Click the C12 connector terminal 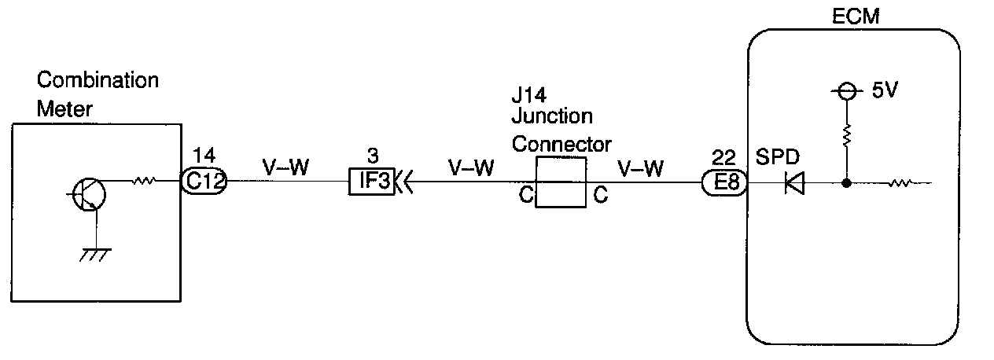point(204,182)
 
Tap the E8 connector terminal point(723,183)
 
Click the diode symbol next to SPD point(795,184)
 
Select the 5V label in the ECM point(885,91)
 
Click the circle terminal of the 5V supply point(846,92)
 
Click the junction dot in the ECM point(846,184)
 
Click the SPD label point(777,156)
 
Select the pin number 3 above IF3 point(372,156)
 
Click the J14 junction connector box point(560,182)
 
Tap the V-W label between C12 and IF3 point(285,167)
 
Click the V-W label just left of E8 point(641,167)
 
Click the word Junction point(551,116)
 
